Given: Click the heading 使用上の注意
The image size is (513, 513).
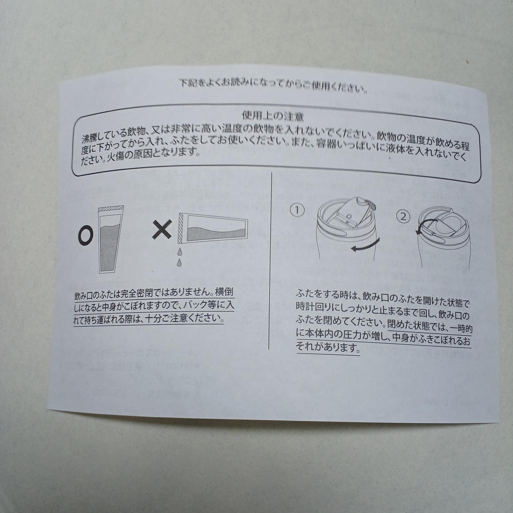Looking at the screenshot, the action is [x=273, y=117].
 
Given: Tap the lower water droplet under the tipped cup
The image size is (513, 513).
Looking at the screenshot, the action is [x=180, y=262].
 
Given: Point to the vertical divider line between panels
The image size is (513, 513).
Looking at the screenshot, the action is [x=270, y=261].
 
